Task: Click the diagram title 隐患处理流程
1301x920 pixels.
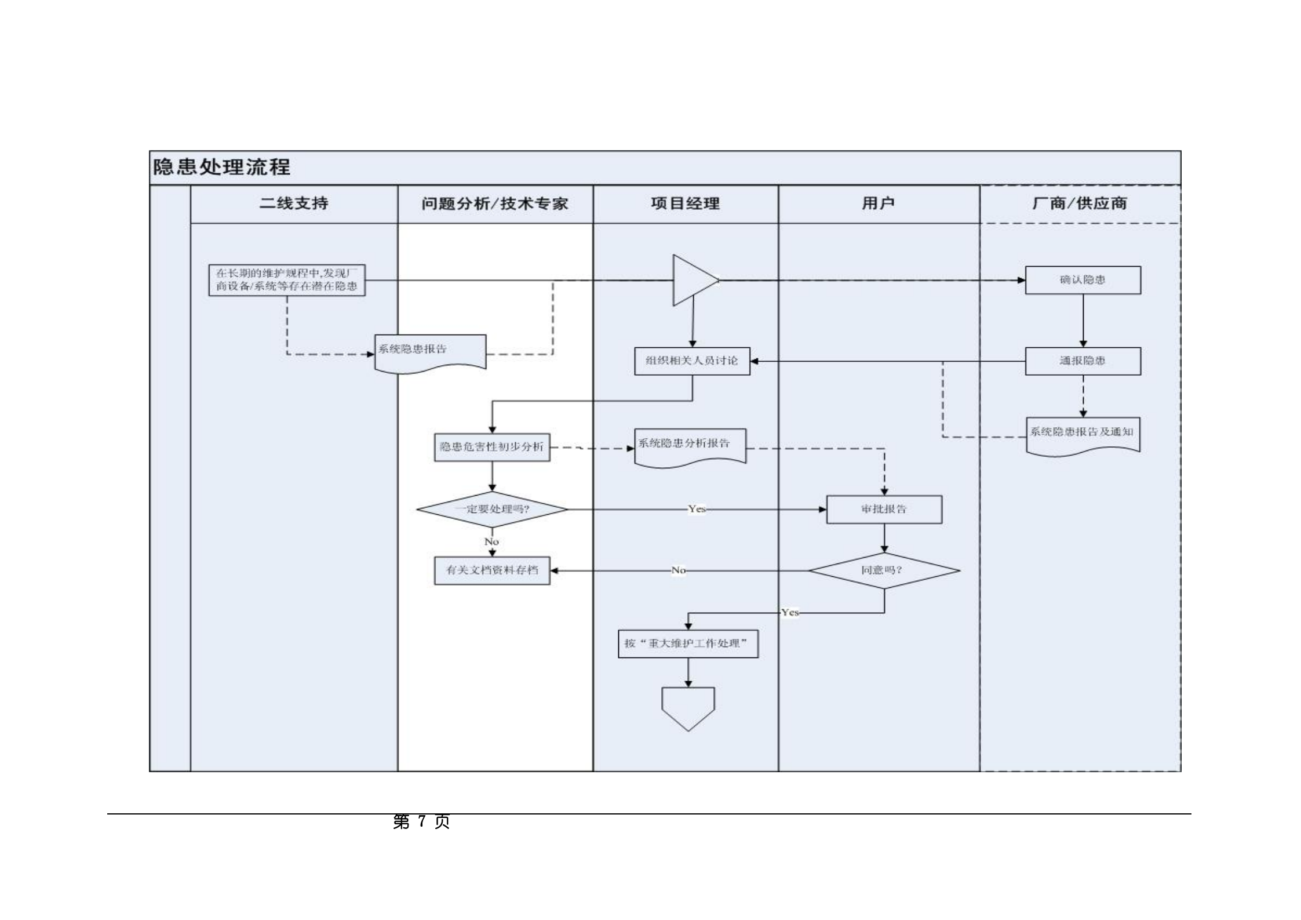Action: (x=221, y=168)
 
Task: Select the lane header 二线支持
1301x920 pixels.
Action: (x=294, y=203)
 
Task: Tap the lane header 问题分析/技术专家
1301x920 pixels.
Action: (x=494, y=203)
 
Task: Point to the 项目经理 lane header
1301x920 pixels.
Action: (x=685, y=203)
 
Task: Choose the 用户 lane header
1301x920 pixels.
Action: (x=878, y=203)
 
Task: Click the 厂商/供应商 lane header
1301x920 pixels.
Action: (x=1080, y=203)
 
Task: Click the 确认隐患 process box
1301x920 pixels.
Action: (x=1083, y=280)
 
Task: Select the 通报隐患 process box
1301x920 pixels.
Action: (x=1083, y=361)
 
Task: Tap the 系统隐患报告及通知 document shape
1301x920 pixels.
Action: (x=1083, y=435)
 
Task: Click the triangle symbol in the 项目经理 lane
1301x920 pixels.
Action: (x=691, y=280)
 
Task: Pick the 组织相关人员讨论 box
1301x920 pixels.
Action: (x=692, y=361)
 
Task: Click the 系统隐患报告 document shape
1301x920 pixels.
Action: (x=430, y=352)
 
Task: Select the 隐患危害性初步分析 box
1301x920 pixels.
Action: (x=492, y=447)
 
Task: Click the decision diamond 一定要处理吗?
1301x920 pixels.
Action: (x=492, y=510)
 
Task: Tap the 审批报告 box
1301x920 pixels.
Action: (x=884, y=510)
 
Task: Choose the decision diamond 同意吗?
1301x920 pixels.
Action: (x=884, y=570)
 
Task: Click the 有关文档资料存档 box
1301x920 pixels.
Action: (x=492, y=570)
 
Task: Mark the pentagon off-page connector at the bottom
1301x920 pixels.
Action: (x=688, y=707)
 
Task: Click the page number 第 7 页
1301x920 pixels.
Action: (x=421, y=821)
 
